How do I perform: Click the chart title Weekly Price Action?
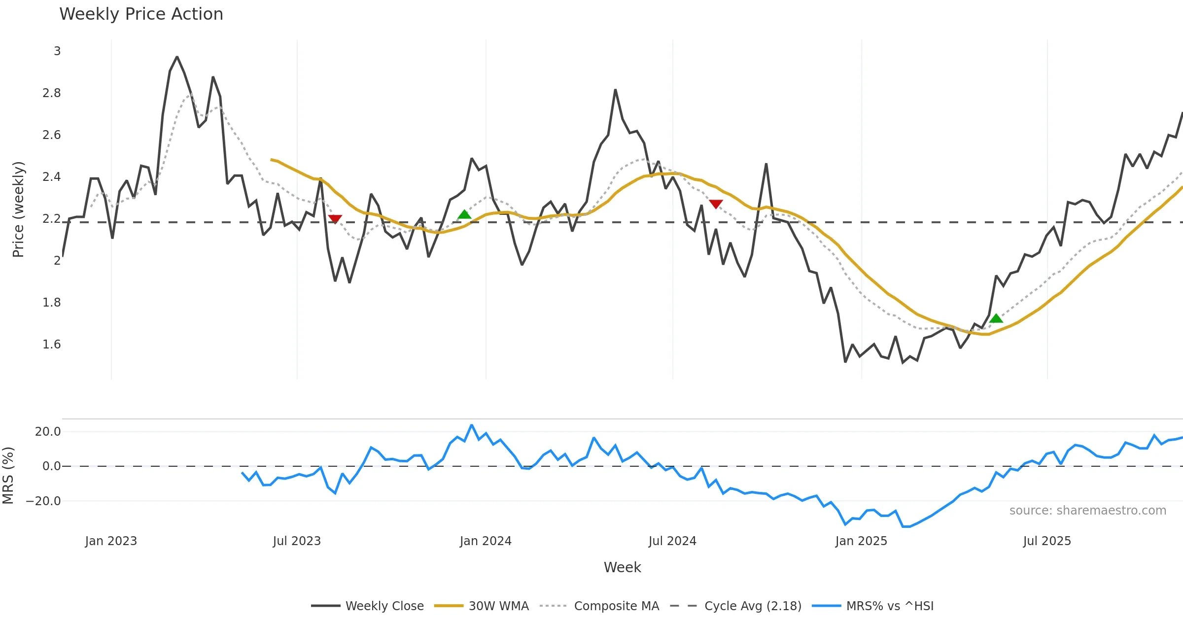click(141, 14)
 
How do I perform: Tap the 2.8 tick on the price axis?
click(51, 93)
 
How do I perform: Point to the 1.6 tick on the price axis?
click(51, 345)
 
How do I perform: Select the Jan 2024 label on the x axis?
click(486, 541)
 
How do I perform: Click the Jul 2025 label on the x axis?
click(1047, 541)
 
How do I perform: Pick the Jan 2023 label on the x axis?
click(111, 541)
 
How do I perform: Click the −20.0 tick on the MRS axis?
click(43, 501)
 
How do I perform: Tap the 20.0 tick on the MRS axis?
click(47, 432)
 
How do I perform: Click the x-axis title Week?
click(622, 568)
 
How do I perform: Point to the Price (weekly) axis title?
click(18, 209)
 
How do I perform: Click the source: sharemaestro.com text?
click(1087, 511)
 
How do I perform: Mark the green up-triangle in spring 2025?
click(996, 318)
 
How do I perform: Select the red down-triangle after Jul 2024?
click(716, 204)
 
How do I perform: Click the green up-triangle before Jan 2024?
click(464, 214)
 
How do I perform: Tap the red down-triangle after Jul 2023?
click(335, 219)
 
